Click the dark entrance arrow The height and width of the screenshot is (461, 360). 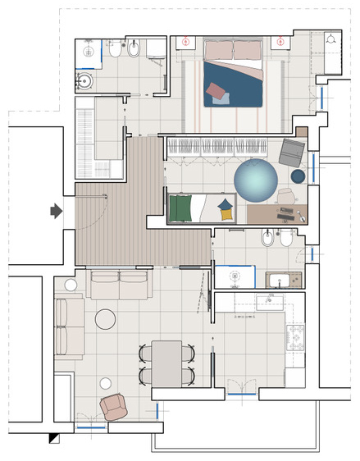coord(56,211)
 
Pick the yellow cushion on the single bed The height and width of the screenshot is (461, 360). coord(226,212)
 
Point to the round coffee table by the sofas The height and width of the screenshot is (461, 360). coord(106,318)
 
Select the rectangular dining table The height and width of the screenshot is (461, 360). coord(167,363)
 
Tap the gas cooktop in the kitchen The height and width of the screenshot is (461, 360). coord(295,337)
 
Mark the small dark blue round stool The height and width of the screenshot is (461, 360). coord(298,176)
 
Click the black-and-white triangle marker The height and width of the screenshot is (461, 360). coord(54,439)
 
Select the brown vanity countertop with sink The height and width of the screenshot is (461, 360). coord(283,280)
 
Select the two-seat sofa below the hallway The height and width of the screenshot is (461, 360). coord(121,286)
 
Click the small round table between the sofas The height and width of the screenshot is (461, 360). coord(71,285)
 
